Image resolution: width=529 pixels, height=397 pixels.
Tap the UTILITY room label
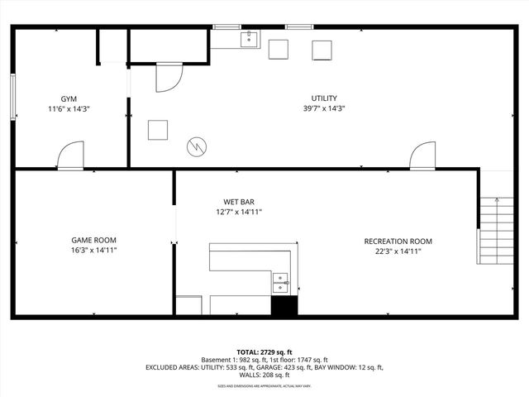click(323, 98)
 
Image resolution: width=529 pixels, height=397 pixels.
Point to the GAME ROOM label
click(93, 240)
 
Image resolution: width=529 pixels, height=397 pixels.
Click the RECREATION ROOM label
click(398, 242)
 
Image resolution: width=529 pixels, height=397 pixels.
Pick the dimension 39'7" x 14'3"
click(323, 108)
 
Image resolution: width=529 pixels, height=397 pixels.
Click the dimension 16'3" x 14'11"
click(93, 250)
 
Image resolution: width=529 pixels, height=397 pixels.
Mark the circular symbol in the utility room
click(197, 146)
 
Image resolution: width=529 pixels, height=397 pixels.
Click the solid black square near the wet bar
click(284, 304)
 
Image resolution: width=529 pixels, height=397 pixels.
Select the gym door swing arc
click(71, 155)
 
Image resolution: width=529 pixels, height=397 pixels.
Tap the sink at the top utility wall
click(248, 38)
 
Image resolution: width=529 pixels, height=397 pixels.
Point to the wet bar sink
click(281, 282)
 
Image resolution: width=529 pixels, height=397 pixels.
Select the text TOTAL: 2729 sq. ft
click(264, 352)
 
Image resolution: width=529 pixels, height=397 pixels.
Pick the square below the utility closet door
click(157, 130)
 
